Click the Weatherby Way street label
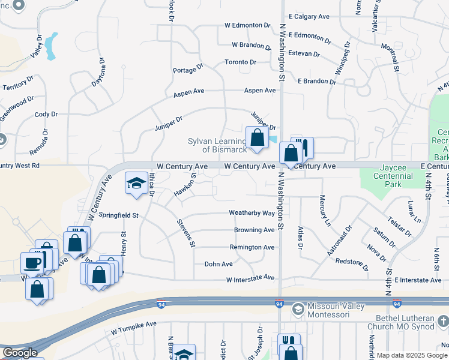[252, 213]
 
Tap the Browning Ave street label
[254, 230]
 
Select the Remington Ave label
[252, 247]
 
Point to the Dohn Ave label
[218, 264]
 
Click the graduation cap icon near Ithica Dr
[136, 182]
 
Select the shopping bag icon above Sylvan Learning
[257, 137]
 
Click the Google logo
[20, 353]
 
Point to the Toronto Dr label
[240, 62]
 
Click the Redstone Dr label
[352, 262]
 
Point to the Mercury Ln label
[325, 210]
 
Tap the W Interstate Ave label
[250, 279]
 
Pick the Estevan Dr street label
[304, 53]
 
